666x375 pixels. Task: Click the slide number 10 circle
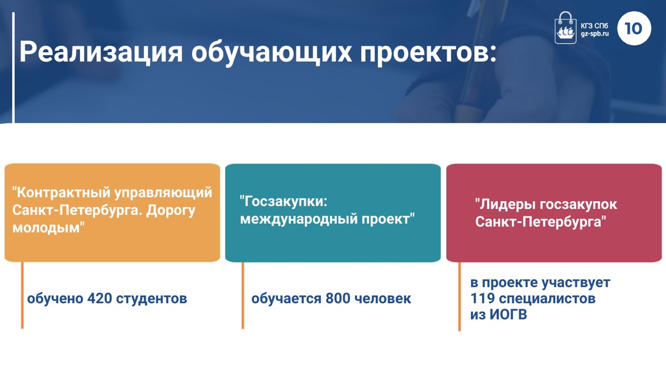coord(634,28)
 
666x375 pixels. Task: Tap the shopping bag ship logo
coord(565,28)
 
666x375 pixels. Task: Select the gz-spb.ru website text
coord(595,34)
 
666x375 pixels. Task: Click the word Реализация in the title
coord(101,53)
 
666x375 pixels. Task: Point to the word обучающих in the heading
coord(272,53)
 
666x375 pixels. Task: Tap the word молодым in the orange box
coord(48,228)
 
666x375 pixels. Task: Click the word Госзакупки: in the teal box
coord(284,202)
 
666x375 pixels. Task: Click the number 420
coord(99,298)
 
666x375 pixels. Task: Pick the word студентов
coord(151,298)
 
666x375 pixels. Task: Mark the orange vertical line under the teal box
coord(243,295)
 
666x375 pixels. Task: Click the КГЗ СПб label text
coord(595,26)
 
